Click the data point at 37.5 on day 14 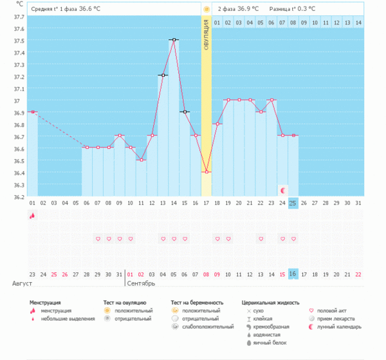coord(174,40)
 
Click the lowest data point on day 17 coord(207,172)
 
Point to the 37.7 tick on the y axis coord(19,17)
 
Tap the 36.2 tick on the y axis coord(19,196)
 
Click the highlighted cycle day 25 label coord(293,203)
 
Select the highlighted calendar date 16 coord(293,274)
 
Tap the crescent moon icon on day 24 coord(282,190)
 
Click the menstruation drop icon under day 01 coord(32,216)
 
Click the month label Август coord(22,283)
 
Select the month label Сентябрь coord(142,283)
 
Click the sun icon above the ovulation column coord(207,9)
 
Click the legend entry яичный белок coord(267,343)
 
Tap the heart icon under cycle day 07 coord(98,239)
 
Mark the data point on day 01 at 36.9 coord(32,112)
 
